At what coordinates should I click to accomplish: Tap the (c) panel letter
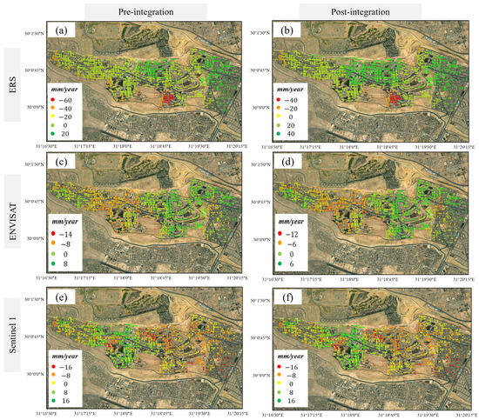(64, 168)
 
